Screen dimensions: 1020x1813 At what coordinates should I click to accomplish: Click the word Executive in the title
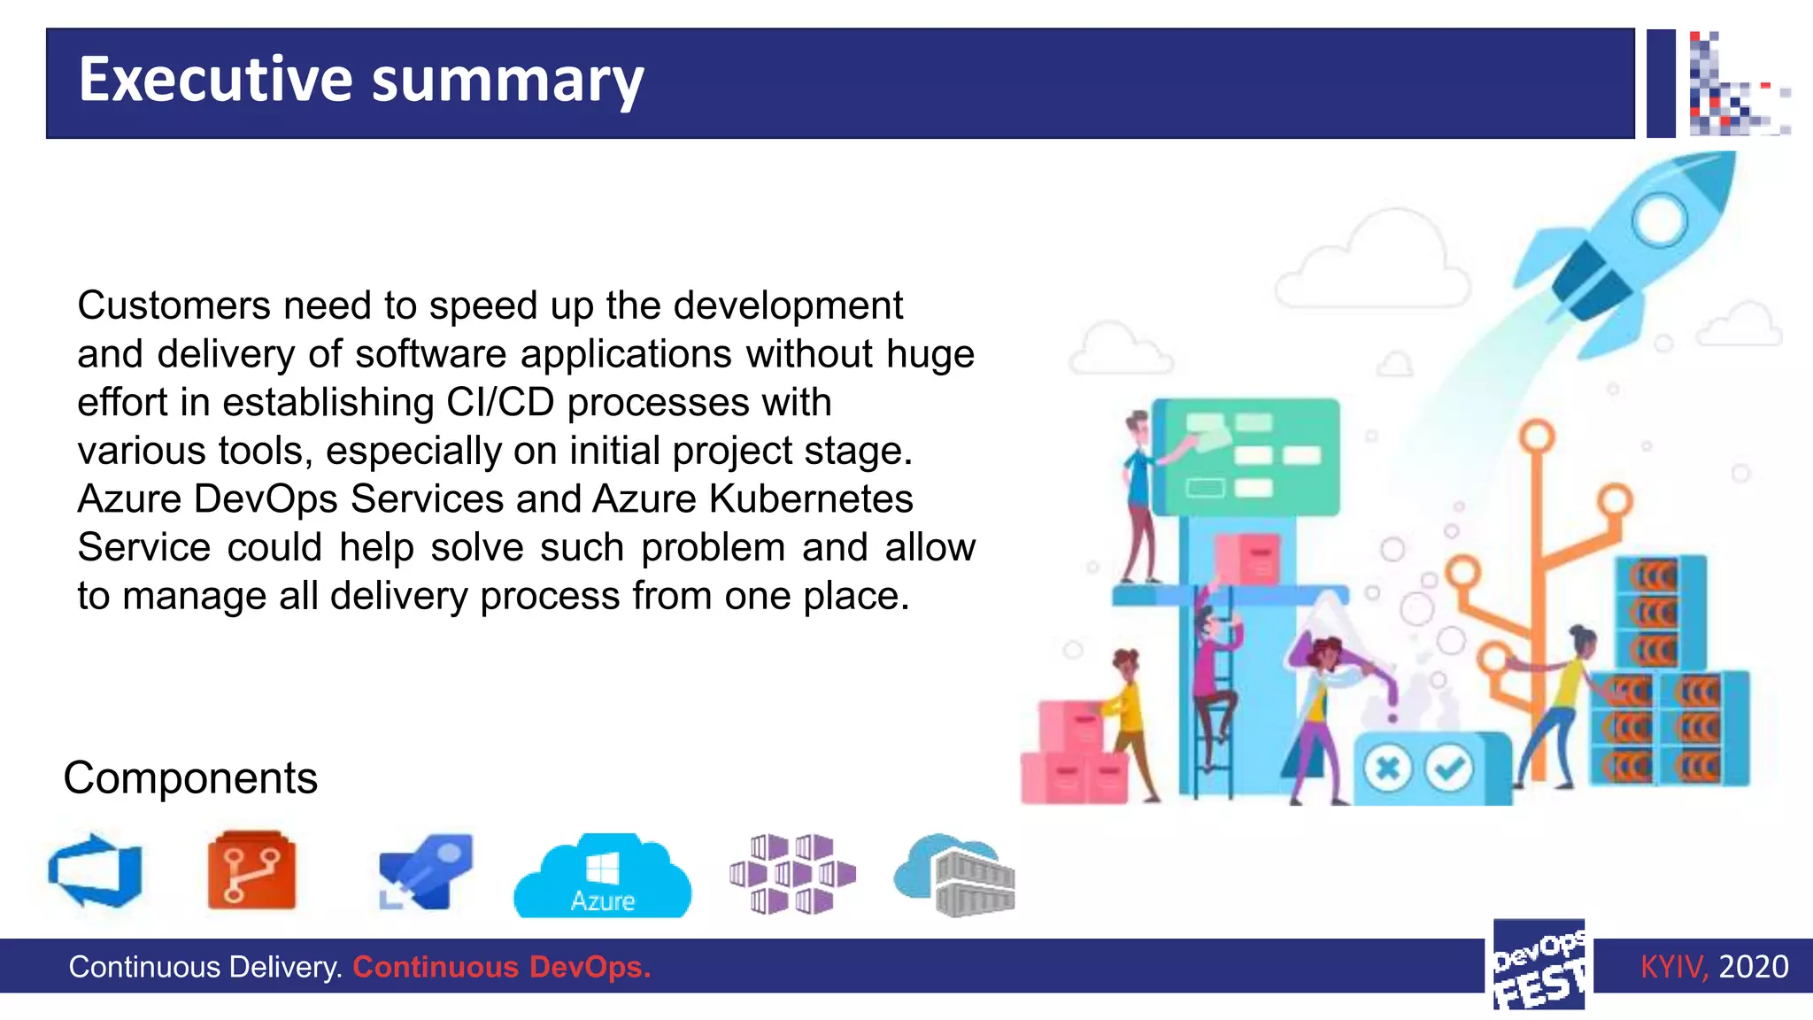(215, 80)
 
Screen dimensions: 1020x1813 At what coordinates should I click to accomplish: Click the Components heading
(190, 778)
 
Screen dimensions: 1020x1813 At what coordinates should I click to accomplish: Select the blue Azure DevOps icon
(96, 871)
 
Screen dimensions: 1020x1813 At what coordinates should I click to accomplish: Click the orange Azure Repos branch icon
(251, 871)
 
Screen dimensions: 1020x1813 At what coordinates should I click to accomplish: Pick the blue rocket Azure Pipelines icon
(426, 871)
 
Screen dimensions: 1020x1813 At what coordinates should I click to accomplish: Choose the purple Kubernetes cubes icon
(792, 874)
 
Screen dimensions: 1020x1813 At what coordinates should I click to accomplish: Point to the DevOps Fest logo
(1539, 965)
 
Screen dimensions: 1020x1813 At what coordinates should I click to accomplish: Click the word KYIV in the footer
(1672, 967)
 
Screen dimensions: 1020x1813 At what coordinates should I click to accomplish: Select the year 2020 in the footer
(1753, 967)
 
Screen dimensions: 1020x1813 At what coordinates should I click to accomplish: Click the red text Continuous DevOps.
(502, 967)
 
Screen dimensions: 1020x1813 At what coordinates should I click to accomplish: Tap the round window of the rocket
(1658, 219)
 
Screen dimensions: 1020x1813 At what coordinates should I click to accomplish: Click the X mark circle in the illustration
(1387, 768)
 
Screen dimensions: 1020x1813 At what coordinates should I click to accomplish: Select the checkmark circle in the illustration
(1449, 768)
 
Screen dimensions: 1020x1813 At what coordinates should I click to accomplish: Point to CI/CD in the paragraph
(500, 403)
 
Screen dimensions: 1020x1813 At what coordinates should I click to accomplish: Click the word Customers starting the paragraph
(174, 306)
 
